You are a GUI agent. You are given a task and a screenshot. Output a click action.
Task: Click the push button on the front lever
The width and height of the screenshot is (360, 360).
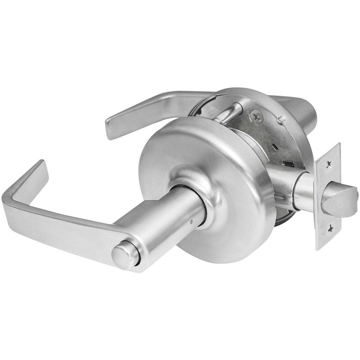[x=120, y=256]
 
